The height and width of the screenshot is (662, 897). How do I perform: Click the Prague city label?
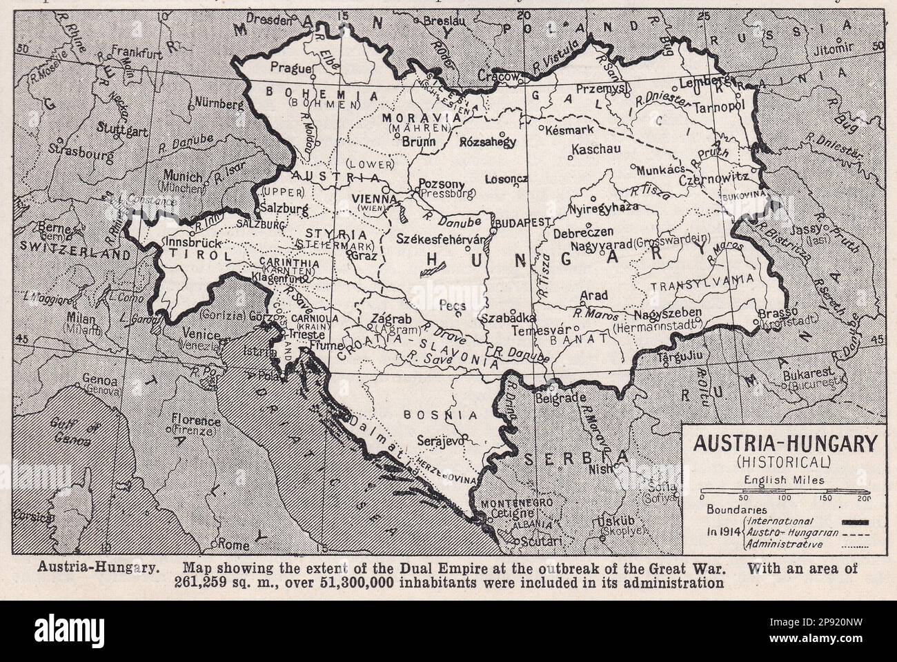(x=287, y=68)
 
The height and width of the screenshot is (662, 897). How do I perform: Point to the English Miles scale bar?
(x=783, y=491)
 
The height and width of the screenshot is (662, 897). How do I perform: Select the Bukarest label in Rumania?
(x=807, y=370)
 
